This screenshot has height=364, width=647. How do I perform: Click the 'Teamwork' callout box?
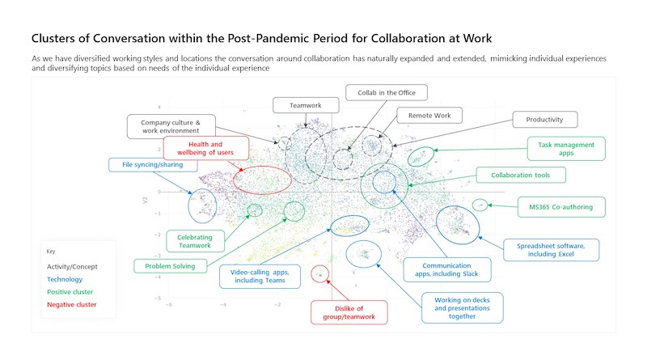(300, 105)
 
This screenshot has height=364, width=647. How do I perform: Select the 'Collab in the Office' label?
(386, 92)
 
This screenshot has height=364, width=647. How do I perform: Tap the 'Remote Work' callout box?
(429, 116)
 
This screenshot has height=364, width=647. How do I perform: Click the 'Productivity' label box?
(544, 120)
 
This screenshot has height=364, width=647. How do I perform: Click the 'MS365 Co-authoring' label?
(560, 207)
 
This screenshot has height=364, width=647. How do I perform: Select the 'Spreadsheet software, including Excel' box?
(550, 249)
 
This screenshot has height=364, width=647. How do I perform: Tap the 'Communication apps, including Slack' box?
(437, 269)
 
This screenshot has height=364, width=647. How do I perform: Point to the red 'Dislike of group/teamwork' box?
(349, 311)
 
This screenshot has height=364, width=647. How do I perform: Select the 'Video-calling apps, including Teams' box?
(260, 276)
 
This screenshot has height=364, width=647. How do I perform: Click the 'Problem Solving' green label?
(170, 265)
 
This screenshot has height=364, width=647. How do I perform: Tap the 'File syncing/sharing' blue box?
(147, 165)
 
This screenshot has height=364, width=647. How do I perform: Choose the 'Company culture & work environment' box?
(171, 125)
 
